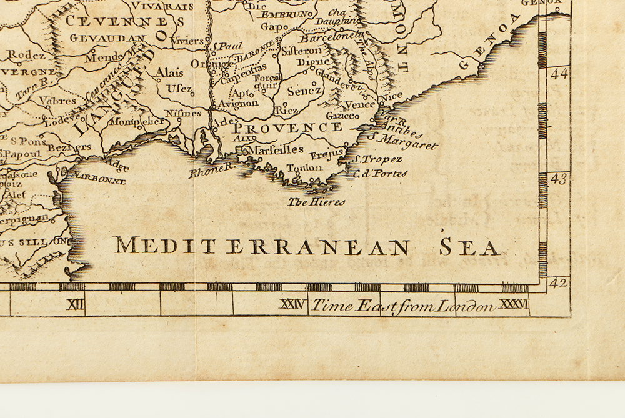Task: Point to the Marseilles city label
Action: (x=276, y=150)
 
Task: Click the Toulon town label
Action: (x=304, y=168)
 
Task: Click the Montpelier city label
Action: (x=136, y=121)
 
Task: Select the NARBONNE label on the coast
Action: (x=100, y=179)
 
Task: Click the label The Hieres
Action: (x=316, y=202)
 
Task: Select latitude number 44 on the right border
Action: (x=558, y=74)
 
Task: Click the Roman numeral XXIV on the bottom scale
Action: (x=292, y=305)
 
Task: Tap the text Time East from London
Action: (x=403, y=306)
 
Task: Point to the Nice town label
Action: (x=392, y=97)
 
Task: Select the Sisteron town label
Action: (x=301, y=51)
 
